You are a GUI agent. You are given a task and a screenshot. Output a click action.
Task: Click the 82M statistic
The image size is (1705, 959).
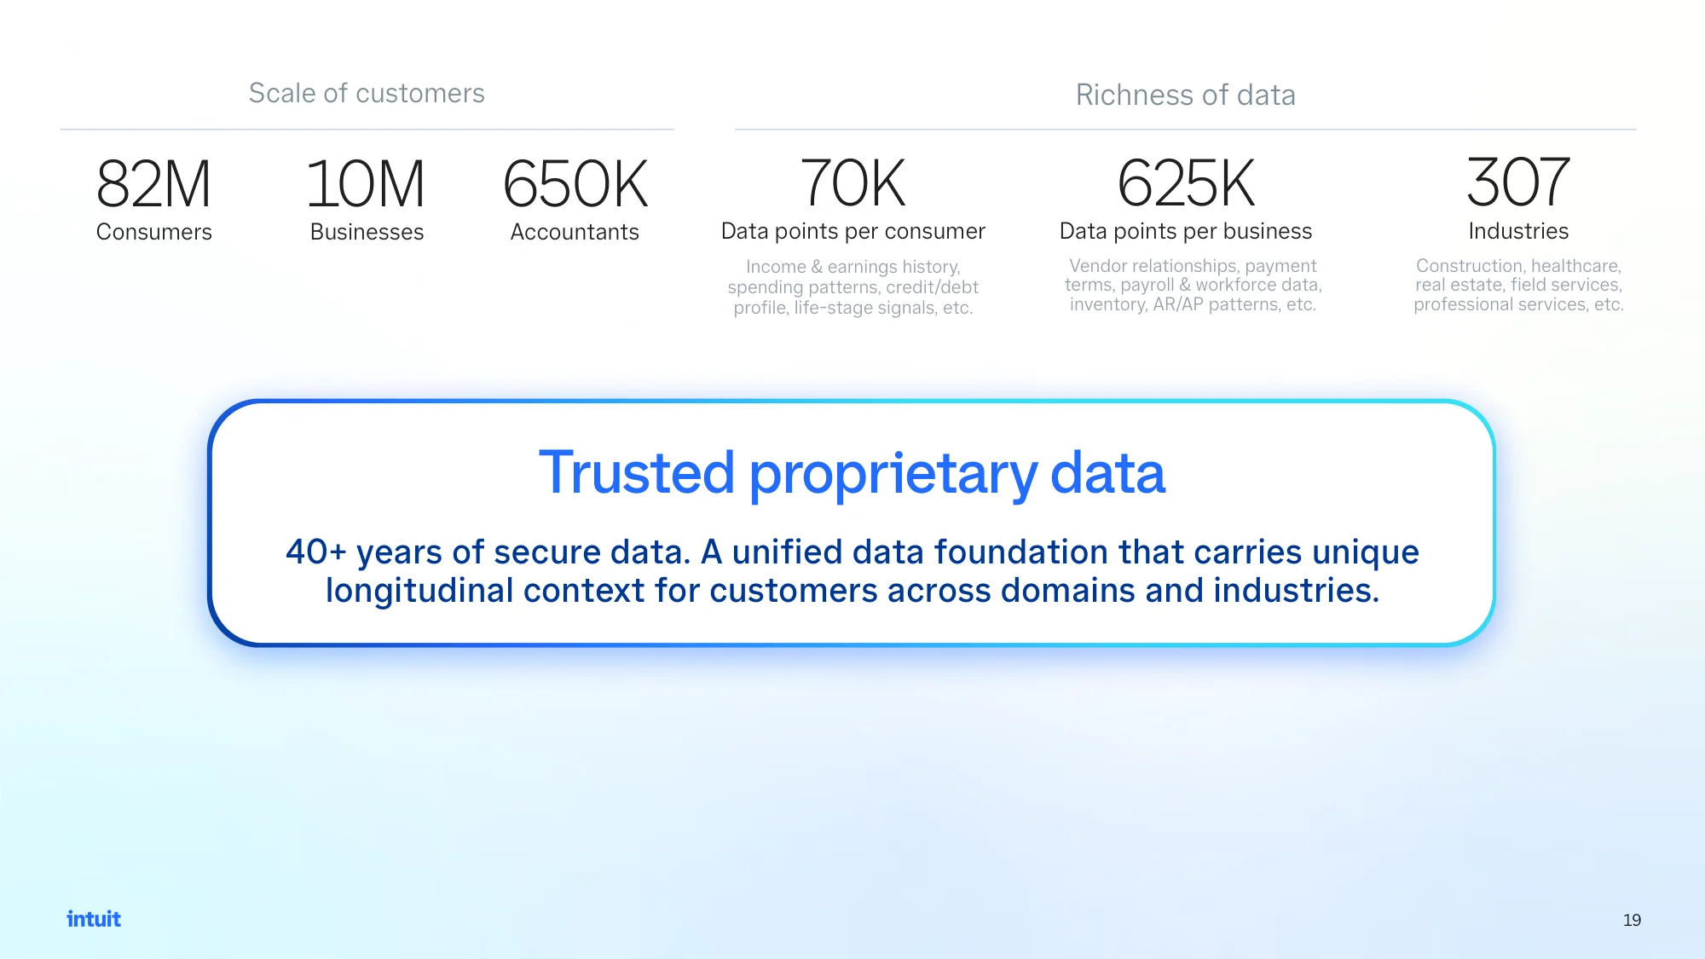click(x=153, y=184)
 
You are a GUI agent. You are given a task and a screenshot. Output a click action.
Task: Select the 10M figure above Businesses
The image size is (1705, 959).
click(x=366, y=184)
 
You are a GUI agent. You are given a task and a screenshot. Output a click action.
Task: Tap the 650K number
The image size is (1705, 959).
click(x=575, y=184)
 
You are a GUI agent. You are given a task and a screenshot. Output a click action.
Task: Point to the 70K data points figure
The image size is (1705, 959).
click(x=852, y=183)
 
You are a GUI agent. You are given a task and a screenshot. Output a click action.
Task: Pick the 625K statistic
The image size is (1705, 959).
click(x=1186, y=183)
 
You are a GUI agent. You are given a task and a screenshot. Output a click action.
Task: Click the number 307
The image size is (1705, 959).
click(x=1518, y=182)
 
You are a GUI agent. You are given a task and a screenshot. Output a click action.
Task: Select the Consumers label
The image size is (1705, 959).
click(x=154, y=232)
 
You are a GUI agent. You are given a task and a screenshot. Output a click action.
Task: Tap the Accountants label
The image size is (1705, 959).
click(x=575, y=232)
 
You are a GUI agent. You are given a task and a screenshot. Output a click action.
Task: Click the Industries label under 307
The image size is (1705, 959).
click(x=1518, y=231)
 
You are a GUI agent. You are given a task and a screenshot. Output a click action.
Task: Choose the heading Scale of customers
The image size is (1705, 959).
click(x=367, y=93)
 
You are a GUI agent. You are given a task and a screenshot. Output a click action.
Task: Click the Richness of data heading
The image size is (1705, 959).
click(x=1186, y=95)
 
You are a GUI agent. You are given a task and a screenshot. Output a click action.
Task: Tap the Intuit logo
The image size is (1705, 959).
click(x=94, y=919)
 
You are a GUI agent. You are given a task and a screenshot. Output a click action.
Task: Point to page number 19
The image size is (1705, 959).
click(x=1632, y=920)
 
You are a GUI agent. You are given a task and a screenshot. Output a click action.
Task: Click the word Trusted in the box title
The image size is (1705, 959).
click(x=637, y=472)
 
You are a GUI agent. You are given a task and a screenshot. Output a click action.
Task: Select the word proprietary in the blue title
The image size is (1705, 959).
click(x=893, y=476)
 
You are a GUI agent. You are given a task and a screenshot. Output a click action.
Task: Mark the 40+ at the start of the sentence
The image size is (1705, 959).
click(x=315, y=552)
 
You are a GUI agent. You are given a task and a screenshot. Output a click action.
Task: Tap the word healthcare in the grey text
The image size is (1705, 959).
click(x=1575, y=266)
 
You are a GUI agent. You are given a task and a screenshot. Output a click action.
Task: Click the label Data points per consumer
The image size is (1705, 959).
click(x=853, y=231)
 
